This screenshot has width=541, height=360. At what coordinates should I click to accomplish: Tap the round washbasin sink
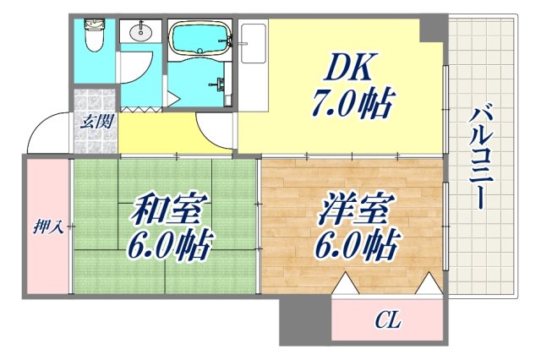[x=139, y=35]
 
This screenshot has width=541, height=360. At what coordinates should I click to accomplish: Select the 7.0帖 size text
[x=348, y=106]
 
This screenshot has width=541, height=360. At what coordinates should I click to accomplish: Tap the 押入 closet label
[x=46, y=226]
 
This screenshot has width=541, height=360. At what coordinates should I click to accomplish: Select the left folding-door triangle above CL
[x=346, y=285]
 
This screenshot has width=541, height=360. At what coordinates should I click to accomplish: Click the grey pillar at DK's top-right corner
[x=434, y=28]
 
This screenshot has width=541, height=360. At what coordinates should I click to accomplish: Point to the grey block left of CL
[x=305, y=319]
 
